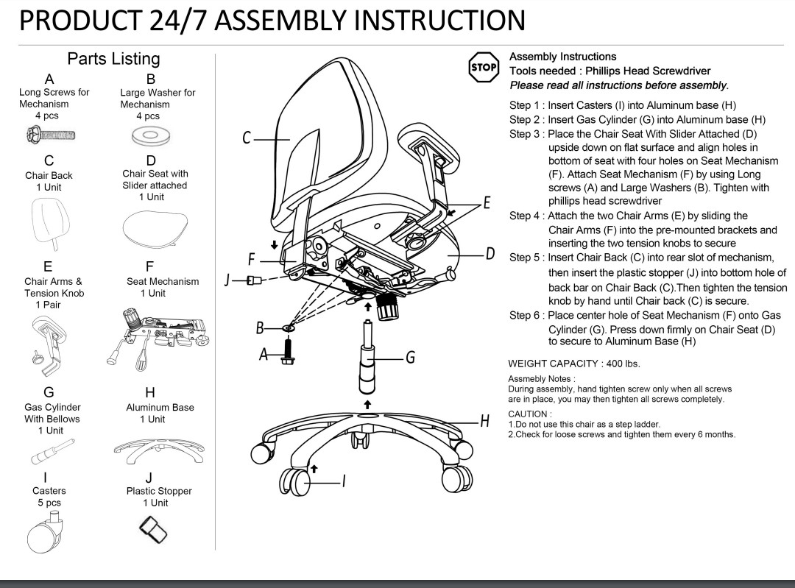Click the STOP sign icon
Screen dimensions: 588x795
[484, 67]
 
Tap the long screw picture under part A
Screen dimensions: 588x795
[51, 135]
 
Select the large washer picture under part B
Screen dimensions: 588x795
[150, 135]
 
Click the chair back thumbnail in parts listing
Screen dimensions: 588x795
[52, 222]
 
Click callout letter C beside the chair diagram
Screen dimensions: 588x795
[248, 138]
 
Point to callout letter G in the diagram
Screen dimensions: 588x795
[411, 358]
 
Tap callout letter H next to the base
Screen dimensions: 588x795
[484, 422]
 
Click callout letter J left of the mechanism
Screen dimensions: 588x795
[229, 280]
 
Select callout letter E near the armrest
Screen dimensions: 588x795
[485, 203]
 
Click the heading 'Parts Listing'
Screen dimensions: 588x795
[113, 59]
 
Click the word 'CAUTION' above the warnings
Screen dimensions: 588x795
[528, 414]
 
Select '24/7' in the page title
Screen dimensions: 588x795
[180, 20]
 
